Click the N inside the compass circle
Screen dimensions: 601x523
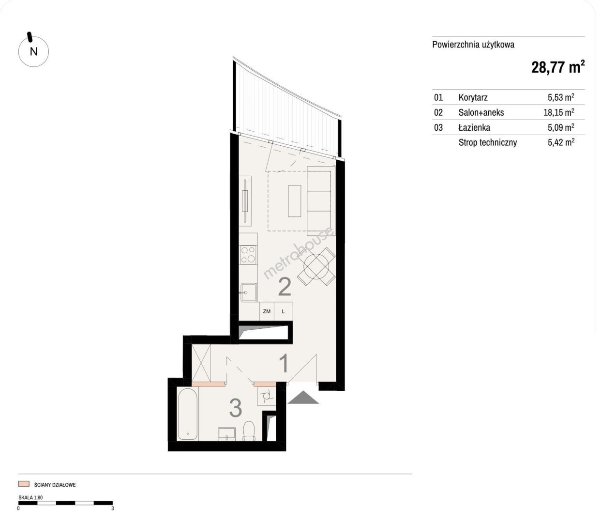coord(34,52)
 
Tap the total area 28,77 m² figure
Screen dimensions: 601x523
coord(558,67)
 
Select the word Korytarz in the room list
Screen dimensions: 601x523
coord(473,97)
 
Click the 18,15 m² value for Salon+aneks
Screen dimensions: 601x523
coord(559,112)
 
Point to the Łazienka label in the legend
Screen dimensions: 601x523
coord(474,127)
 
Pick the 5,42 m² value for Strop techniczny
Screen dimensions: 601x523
coord(561,142)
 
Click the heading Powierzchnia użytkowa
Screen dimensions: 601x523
coord(473,45)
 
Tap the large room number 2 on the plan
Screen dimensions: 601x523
coord(285,286)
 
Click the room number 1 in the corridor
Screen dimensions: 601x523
coord(284,363)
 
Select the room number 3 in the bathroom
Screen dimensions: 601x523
coord(236,408)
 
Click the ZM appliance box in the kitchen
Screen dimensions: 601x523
coord(267,311)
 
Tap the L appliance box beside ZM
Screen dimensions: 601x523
coord(284,311)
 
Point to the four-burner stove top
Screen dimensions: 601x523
coord(248,255)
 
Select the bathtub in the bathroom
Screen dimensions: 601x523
coord(187,414)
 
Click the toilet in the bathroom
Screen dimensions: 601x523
coord(249,431)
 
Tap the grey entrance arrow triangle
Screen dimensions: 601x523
coord(303,398)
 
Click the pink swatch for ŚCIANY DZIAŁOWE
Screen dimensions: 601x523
coord(24,484)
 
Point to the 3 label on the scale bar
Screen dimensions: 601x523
coord(112,508)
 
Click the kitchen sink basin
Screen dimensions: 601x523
coord(249,292)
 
